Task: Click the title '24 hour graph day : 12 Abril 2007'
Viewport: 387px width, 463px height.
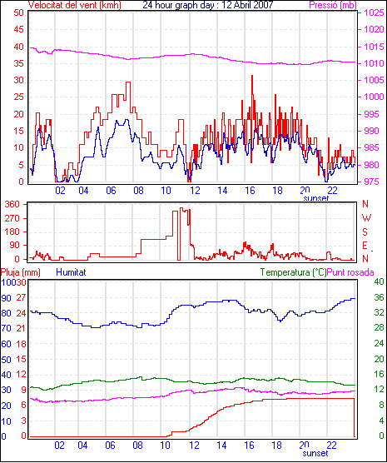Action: click(208, 5)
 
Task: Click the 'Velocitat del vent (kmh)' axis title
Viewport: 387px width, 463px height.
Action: click(75, 5)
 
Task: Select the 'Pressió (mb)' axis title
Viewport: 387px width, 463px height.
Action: click(333, 5)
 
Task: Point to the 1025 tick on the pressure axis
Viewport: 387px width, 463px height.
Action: click(374, 12)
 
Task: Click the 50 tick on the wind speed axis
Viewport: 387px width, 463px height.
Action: click(18, 12)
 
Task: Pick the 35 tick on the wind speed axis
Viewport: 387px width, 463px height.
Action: click(18, 63)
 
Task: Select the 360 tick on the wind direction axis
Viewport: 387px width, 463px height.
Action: click(12, 204)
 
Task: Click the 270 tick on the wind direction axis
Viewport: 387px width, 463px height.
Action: click(12, 218)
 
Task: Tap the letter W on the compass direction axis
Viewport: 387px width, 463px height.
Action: click(366, 218)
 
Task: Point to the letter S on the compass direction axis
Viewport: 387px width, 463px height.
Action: click(365, 232)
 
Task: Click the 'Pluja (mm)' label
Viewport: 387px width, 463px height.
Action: click(20, 272)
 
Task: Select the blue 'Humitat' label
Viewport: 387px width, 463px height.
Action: click(71, 272)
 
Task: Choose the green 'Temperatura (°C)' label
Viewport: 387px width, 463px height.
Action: click(294, 272)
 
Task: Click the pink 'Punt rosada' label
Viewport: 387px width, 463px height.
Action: click(350, 272)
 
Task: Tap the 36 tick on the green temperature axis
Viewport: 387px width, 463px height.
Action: click(379, 297)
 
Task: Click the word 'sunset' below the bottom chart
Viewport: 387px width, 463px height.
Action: click(315, 453)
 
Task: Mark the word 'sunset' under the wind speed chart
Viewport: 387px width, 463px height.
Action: click(316, 198)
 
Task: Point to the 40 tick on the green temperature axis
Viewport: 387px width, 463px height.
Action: click(379, 282)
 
